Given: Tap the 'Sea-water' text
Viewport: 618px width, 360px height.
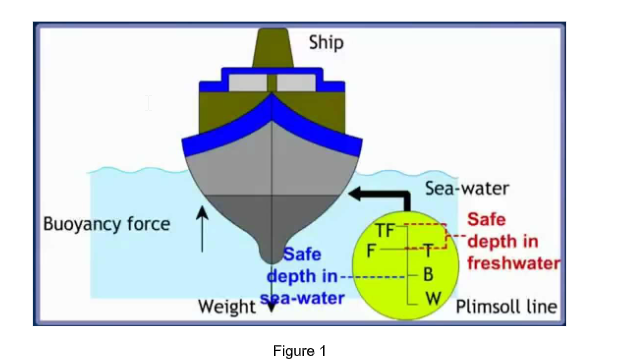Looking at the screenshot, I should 467,188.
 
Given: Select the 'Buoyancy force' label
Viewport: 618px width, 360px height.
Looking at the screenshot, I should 107,223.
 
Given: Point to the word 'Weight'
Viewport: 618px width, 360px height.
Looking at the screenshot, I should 227,306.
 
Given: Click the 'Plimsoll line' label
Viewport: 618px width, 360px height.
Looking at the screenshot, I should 506,306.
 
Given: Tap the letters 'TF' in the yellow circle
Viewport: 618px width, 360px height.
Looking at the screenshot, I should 385,231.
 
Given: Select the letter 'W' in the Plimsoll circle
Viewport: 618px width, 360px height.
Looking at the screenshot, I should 432,298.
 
